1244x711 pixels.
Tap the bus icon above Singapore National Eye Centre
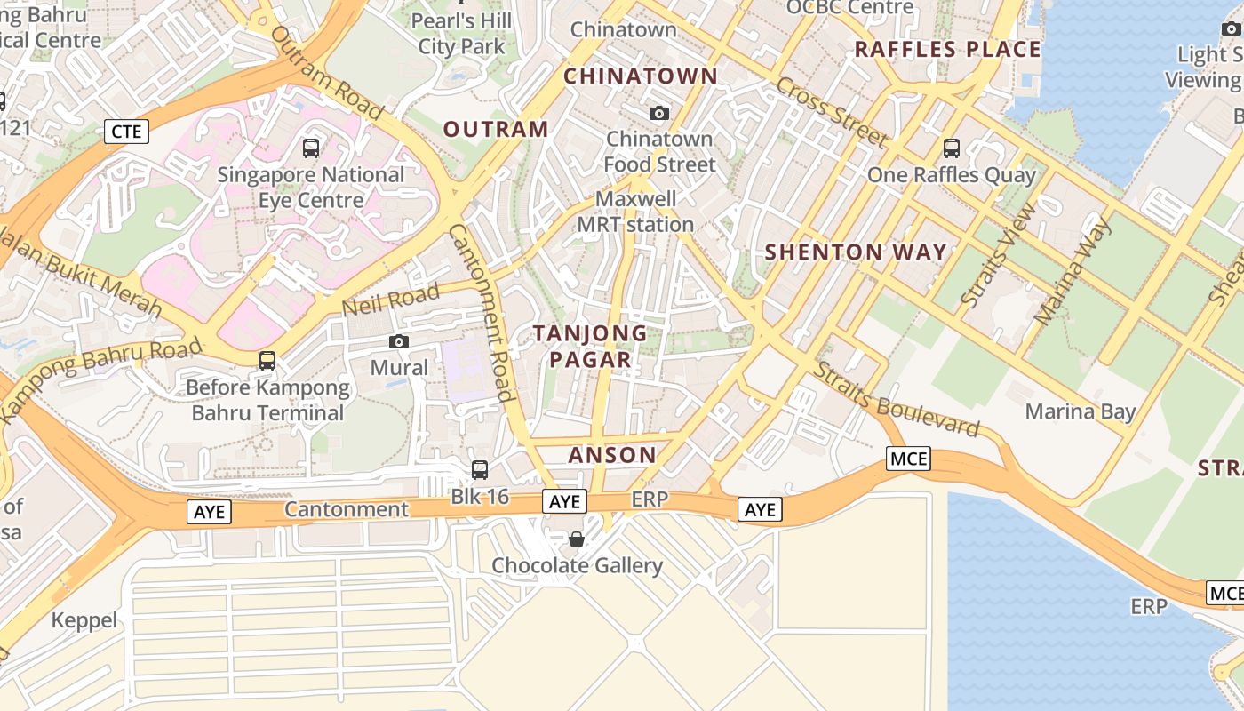pyautogui.click(x=311, y=148)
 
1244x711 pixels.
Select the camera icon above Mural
pyautogui.click(x=399, y=341)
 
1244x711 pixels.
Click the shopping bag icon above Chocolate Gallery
pyautogui.click(x=577, y=539)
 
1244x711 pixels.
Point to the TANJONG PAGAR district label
pyautogui.click(x=590, y=346)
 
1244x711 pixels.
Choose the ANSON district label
pyautogui.click(x=612, y=455)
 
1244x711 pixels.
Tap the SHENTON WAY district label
pyautogui.click(x=856, y=252)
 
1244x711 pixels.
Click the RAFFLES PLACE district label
pyautogui.click(x=947, y=49)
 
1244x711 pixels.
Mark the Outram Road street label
pyautogui.click(x=327, y=73)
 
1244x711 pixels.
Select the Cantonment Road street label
pyautogui.click(x=481, y=312)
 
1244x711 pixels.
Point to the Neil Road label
pyautogui.click(x=391, y=300)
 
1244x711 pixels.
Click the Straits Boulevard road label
pyautogui.click(x=897, y=400)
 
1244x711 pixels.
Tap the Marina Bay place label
pyautogui.click(x=1081, y=411)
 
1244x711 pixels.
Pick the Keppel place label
pyautogui.click(x=84, y=620)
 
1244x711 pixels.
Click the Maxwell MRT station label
pyautogui.click(x=635, y=212)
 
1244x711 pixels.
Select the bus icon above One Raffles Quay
pyautogui.click(x=952, y=148)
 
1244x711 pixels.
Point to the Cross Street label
pyautogui.click(x=832, y=112)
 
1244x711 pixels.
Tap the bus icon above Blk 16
pyautogui.click(x=480, y=470)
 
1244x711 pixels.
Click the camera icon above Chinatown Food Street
pyautogui.click(x=659, y=113)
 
